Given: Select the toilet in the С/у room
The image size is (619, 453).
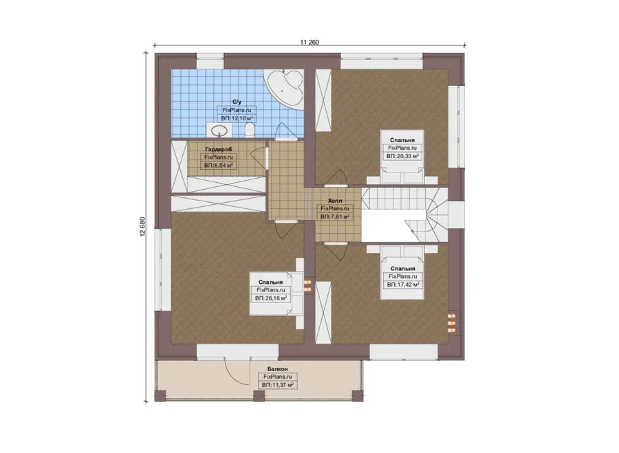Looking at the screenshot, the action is (x=250, y=130).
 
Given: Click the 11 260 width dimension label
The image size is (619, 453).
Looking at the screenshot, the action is (x=309, y=42).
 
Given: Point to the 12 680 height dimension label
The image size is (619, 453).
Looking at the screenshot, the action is (x=142, y=227).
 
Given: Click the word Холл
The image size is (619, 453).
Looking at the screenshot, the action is (x=335, y=201).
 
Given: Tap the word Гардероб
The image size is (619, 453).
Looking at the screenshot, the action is (x=219, y=149).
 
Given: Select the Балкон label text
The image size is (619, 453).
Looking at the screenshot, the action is (x=278, y=369).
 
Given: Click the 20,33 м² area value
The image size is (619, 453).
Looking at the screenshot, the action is (x=402, y=156).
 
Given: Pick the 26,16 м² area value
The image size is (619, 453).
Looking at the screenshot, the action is (x=271, y=298).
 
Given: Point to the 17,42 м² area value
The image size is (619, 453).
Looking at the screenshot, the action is (x=403, y=285).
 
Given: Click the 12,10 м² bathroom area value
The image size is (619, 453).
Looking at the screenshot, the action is (x=237, y=118).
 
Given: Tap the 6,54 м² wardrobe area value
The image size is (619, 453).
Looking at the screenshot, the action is (x=219, y=166).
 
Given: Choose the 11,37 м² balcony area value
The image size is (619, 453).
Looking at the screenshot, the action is (x=278, y=385).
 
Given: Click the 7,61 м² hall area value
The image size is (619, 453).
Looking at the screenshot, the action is (x=335, y=217).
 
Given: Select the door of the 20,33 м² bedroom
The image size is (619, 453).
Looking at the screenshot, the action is (x=336, y=177).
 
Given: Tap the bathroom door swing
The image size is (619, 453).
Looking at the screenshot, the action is (x=286, y=131).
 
